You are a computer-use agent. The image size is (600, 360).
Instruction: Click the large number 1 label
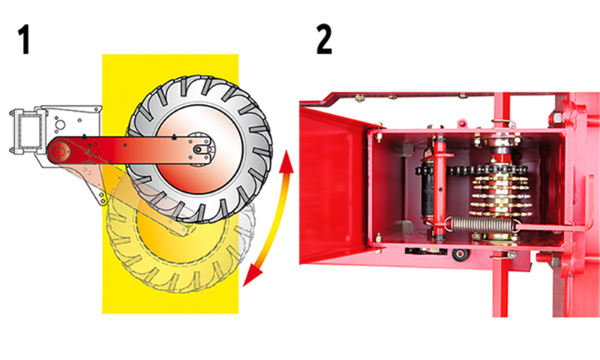point(24,40)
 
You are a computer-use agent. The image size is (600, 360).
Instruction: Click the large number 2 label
point(324,40)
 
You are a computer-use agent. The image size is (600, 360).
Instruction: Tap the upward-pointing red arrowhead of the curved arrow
point(286,160)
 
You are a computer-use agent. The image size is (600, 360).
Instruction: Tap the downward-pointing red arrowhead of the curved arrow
point(252,276)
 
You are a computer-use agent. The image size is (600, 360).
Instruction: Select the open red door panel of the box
point(332,184)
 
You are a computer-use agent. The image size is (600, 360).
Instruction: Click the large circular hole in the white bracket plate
point(60,124)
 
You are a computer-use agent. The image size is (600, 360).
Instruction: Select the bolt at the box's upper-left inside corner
point(378,136)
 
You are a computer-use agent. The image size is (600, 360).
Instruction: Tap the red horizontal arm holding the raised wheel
point(130,151)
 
